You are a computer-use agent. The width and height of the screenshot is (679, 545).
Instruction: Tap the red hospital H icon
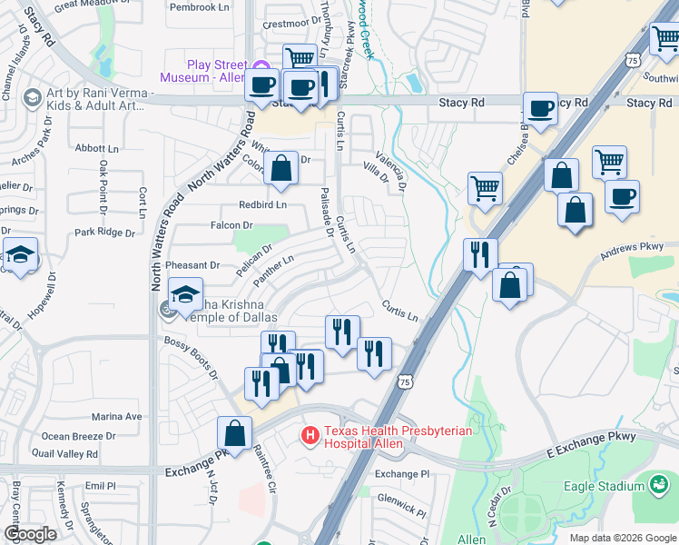pyautogui.click(x=310, y=437)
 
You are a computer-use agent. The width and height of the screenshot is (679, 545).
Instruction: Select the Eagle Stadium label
pyautogui.click(x=604, y=486)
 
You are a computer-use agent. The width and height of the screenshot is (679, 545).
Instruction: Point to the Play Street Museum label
pyautogui.click(x=205, y=71)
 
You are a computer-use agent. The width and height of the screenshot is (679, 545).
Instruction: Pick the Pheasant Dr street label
pyautogui.click(x=193, y=265)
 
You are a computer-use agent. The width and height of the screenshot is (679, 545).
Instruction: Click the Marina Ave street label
pyautogui.click(x=117, y=417)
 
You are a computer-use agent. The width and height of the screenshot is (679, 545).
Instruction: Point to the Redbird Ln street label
pyautogui.click(x=262, y=205)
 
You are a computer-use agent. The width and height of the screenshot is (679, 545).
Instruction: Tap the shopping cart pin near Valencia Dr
pyautogui.click(x=486, y=188)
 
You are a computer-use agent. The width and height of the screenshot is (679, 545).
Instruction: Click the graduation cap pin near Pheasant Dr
pyautogui.click(x=185, y=295)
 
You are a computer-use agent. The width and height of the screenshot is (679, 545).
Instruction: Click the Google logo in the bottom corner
pyautogui.click(x=30, y=535)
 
